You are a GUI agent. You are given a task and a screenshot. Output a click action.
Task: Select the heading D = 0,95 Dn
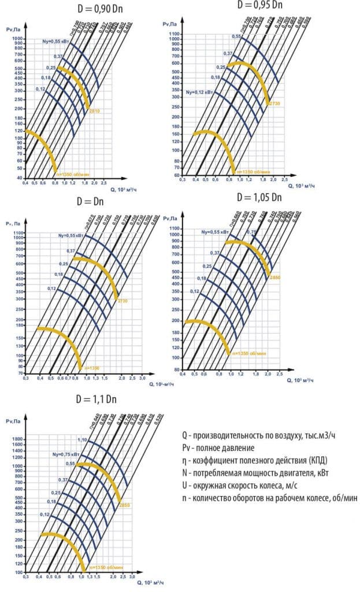pyautogui.click(x=259, y=5)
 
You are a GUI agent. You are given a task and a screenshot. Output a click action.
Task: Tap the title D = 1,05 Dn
pyautogui.click(x=259, y=197)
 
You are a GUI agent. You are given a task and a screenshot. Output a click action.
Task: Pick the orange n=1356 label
pyautogui.click(x=92, y=367)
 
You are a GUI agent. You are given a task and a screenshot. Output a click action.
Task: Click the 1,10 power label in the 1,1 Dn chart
pyautogui.click(x=82, y=441)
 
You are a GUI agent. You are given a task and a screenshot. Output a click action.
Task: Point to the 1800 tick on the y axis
pyautogui.click(x=17, y=439)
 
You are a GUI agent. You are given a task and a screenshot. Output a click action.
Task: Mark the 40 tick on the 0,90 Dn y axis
pyautogui.click(x=19, y=177)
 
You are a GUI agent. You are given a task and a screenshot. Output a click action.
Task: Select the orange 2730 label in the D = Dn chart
pyautogui.click(x=122, y=301)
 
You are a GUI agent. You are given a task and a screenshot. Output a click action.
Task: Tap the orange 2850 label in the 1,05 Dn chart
pyautogui.click(x=274, y=278)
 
